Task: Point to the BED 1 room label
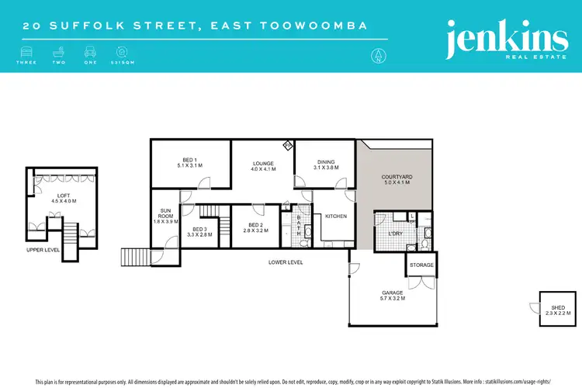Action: click(189, 162)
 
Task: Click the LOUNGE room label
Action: click(261, 165)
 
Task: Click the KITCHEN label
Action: click(336, 216)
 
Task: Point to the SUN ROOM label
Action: click(165, 215)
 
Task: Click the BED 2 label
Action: click(256, 227)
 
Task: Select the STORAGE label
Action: click(421, 265)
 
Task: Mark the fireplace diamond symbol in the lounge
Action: click(286, 145)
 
